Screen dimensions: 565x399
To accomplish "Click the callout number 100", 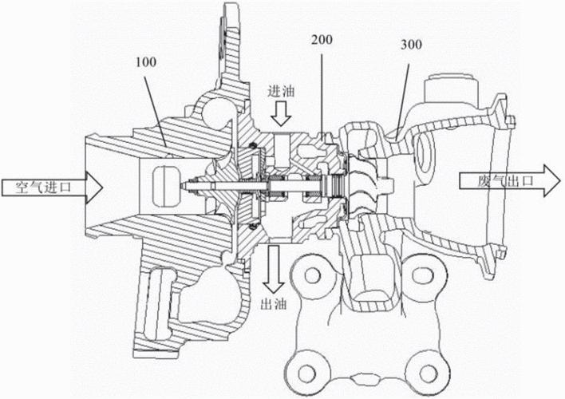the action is pos(146,62).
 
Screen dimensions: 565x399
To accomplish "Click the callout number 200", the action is pos(322,40).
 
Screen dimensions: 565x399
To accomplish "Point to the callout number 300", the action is pos(411,45).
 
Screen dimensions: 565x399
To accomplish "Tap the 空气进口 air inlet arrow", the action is pos(53,188).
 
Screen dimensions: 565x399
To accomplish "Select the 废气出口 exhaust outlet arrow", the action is pos(510,181).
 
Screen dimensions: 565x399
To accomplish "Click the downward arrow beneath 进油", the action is pos(281,113).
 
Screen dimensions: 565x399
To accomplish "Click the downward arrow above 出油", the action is pos(273,269).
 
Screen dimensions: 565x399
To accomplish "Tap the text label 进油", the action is pos(281,91).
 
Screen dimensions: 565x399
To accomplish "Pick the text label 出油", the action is pos(274,304).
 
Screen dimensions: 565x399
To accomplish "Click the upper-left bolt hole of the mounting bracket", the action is pos(312,275).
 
